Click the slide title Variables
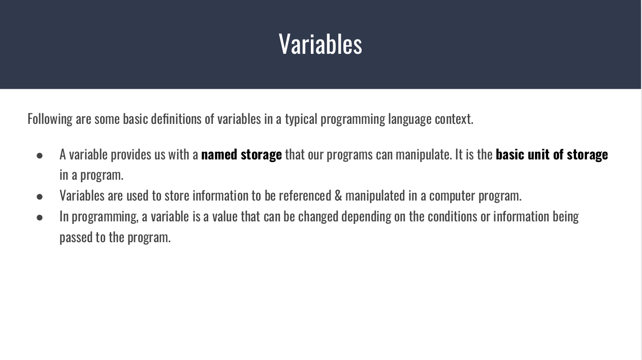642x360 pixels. [320, 44]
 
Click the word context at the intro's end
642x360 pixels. [454, 119]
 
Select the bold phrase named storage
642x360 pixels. [241, 154]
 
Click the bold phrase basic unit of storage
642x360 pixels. [552, 154]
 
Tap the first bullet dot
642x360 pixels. [40, 155]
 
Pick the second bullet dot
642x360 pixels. [40, 196]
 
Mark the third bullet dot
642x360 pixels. [40, 217]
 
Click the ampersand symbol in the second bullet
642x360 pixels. [338, 195]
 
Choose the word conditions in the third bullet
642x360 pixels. [452, 216]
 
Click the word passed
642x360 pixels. [75, 237]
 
